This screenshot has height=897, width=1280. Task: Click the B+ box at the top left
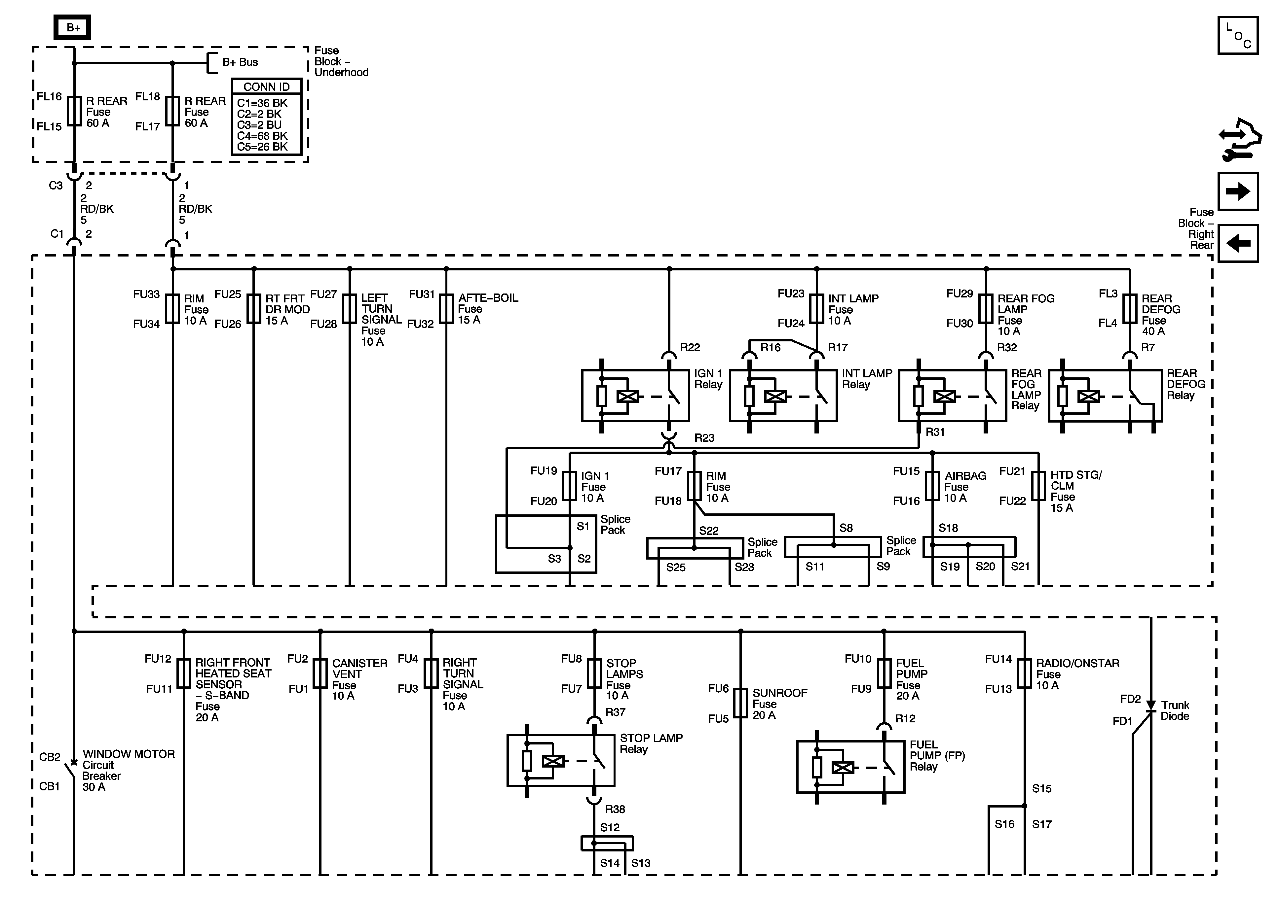pyautogui.click(x=72, y=27)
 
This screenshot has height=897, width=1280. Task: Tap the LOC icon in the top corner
pyautogui.click(x=1238, y=35)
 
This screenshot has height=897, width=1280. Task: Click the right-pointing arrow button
pyautogui.click(x=1238, y=191)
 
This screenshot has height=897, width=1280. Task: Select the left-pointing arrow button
pyautogui.click(x=1238, y=243)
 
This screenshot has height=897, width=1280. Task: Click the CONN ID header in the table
pyautogui.click(x=267, y=87)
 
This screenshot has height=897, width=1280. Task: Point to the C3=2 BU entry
pyautogui.click(x=259, y=125)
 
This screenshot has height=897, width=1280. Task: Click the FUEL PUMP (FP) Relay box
pyautogui.click(x=850, y=767)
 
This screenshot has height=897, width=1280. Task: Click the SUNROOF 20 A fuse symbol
pyautogui.click(x=740, y=703)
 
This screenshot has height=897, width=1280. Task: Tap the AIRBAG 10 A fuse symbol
pyautogui.click(x=932, y=486)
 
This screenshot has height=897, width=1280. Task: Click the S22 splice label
pyautogui.click(x=709, y=531)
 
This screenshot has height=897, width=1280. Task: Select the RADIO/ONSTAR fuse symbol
pyautogui.click(x=1024, y=673)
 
